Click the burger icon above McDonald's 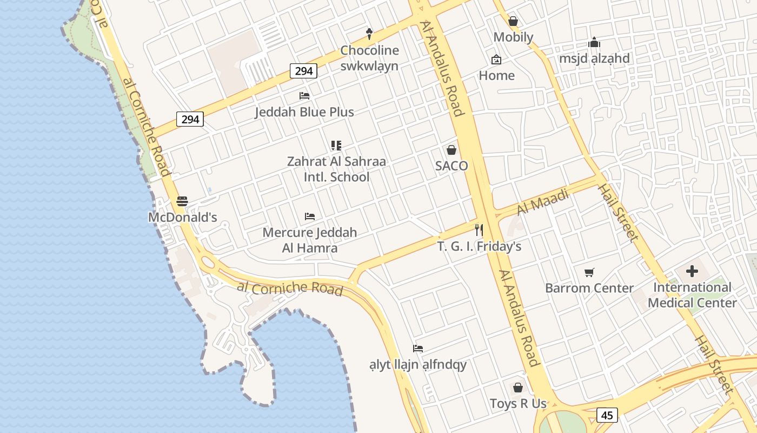coord(182,201)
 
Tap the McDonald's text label coord(183,218)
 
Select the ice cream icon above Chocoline coord(370,34)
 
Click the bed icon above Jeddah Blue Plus coord(304,96)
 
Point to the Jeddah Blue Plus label coord(304,112)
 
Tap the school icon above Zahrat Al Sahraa coord(336,145)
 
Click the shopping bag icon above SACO coord(451,150)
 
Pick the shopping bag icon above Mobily coord(513,21)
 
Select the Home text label coord(496,75)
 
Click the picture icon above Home coord(496,60)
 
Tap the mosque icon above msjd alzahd coord(594,42)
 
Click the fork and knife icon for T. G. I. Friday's coord(479,230)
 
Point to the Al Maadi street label coord(543,201)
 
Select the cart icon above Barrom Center coord(589,272)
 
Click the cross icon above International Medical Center coord(692,271)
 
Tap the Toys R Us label coord(518,404)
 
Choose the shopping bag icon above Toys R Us coord(518,388)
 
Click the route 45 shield coord(607,415)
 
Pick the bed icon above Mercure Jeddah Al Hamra coord(310,216)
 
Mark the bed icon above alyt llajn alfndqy coord(418,349)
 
